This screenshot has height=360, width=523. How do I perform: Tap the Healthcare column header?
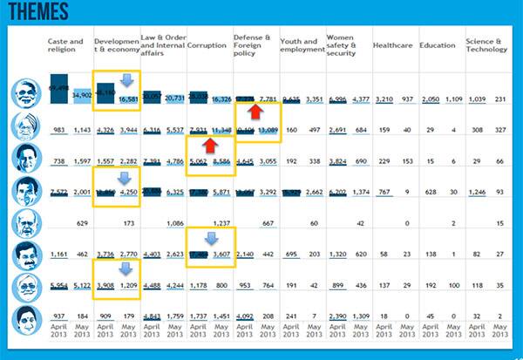(x=392, y=44)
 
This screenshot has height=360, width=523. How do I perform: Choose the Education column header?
(x=437, y=44)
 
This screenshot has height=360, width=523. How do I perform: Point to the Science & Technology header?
(x=486, y=44)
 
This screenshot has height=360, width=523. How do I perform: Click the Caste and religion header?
(x=66, y=44)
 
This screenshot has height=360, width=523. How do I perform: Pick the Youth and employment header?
(x=302, y=44)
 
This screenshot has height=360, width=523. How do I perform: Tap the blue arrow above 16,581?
(x=126, y=81)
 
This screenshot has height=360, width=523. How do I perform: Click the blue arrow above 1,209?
(x=126, y=269)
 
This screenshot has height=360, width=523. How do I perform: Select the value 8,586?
(x=219, y=161)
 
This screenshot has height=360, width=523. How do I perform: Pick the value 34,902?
(x=81, y=93)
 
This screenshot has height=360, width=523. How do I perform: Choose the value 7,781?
(x=267, y=99)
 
